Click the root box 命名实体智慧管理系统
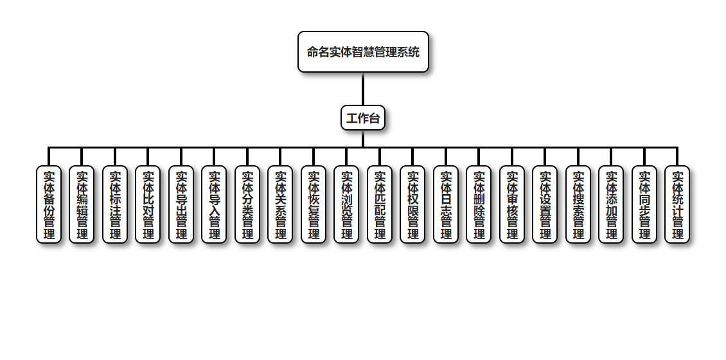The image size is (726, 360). point(363,51)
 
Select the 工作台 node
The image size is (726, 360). point(363,118)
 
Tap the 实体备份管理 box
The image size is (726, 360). point(49,204)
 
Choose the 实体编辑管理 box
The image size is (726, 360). point(82,204)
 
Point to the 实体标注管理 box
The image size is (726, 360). point(115,204)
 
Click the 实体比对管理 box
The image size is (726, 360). point(148,204)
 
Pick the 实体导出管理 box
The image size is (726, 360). point(181,204)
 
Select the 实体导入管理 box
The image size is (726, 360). point(214,204)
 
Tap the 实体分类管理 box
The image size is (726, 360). point(247,204)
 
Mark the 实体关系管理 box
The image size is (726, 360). point(280,204)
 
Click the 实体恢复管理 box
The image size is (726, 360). point(314,204)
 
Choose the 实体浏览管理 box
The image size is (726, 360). point(346,204)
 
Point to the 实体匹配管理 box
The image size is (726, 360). point(380,204)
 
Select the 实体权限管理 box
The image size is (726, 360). point(412,204)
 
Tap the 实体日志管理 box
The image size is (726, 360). point(446,204)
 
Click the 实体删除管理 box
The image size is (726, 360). point(479,204)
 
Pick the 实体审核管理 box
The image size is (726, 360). point(512,204)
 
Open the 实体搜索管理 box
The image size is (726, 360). point(578,204)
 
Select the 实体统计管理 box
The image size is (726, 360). point(677,204)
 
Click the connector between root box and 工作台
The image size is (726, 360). point(363,89)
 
